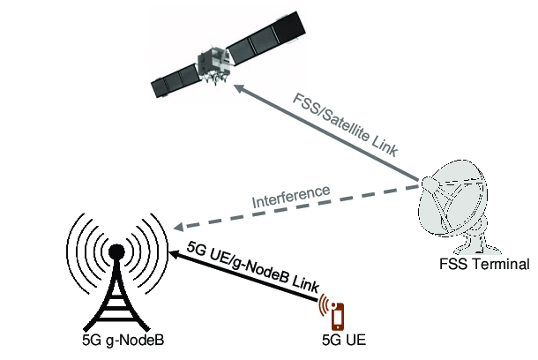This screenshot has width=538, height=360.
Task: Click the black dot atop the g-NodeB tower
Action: [115, 251]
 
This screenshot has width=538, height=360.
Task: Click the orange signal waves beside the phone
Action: [326, 305]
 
